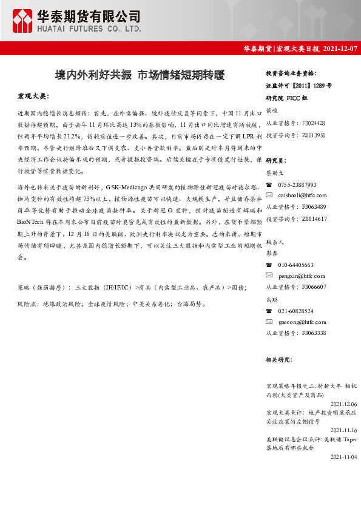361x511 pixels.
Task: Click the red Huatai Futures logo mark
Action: (x=24, y=21)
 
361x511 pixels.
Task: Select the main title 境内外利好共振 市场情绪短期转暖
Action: (x=140, y=76)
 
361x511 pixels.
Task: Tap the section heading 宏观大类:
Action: (x=33, y=96)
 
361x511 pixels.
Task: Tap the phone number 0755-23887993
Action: (x=297, y=184)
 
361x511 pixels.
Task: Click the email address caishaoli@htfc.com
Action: (x=302, y=195)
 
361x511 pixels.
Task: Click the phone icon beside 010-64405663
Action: (x=269, y=265)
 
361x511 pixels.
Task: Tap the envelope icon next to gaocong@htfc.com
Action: (x=269, y=322)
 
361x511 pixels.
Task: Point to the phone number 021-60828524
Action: (x=296, y=310)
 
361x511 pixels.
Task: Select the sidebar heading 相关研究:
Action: (x=280, y=360)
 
